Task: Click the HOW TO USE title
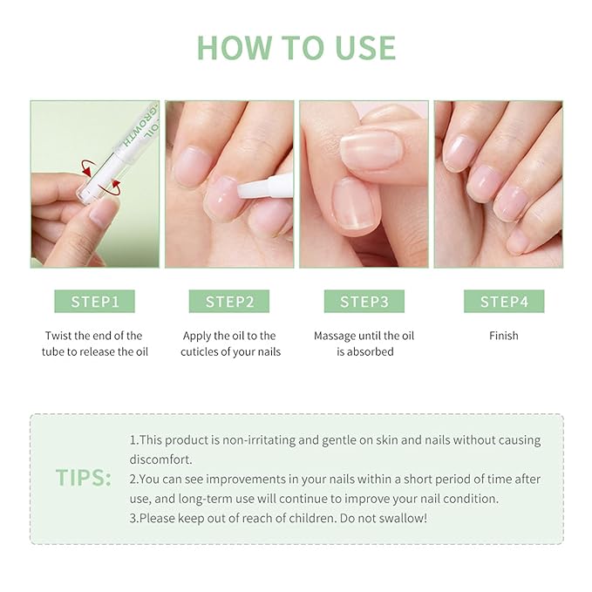[296, 47]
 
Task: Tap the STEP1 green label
[95, 302]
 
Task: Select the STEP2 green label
[229, 302]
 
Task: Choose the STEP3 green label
[364, 302]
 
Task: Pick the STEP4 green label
[503, 302]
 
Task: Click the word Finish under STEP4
[503, 336]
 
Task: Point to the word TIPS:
[84, 478]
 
